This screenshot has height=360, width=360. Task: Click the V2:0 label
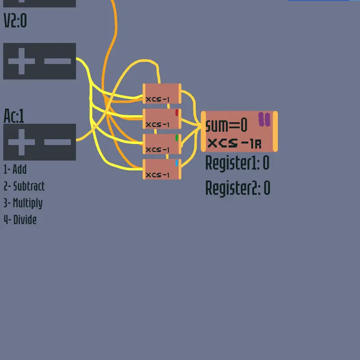[x=15, y=20]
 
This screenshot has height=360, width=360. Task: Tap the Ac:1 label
[x=14, y=116]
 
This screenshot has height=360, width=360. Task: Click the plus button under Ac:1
[x=22, y=142]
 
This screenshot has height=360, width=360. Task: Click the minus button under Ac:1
[x=58, y=142]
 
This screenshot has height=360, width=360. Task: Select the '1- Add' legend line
[x=15, y=170]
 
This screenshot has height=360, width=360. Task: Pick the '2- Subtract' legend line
[x=24, y=186]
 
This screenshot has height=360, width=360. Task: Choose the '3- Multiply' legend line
[x=23, y=203]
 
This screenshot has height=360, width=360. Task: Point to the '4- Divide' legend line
[x=20, y=220]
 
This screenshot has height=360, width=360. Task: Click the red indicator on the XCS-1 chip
[x=177, y=112]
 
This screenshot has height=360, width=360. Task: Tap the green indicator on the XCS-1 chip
[x=177, y=138]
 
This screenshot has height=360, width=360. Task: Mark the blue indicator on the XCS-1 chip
[x=177, y=163]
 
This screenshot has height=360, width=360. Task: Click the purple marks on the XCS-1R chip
[x=264, y=119]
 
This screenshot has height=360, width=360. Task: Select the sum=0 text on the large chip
[x=226, y=125]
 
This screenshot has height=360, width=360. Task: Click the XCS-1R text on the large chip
[x=234, y=144]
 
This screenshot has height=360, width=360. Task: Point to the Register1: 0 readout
[x=238, y=163]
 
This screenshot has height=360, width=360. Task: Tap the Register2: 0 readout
[x=238, y=188]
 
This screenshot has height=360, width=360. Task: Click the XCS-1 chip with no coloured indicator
[x=162, y=94]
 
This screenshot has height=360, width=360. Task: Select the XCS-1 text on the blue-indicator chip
[x=157, y=175]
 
